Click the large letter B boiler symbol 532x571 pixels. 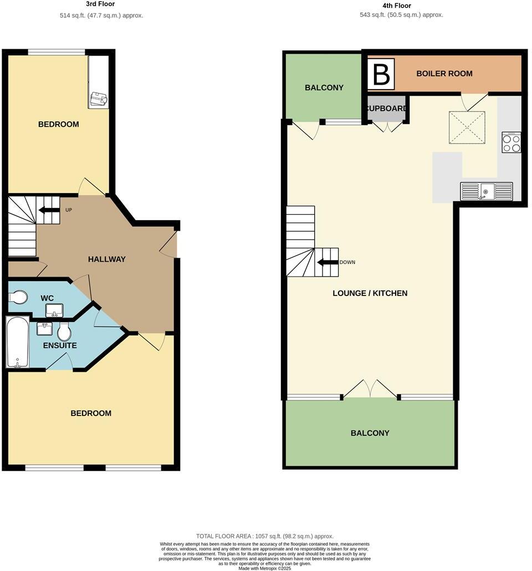click(x=381, y=74)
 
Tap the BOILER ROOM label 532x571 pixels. click(x=444, y=74)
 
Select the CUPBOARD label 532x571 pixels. click(x=387, y=108)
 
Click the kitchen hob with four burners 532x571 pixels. click(x=511, y=143)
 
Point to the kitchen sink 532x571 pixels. click(x=486, y=191)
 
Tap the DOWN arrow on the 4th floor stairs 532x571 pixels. click(x=328, y=262)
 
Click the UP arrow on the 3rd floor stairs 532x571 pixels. click(x=48, y=210)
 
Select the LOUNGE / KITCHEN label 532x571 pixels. click(x=370, y=293)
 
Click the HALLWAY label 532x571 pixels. click(x=107, y=259)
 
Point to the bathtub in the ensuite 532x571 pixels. click(x=17, y=341)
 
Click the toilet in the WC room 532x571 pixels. click(x=18, y=298)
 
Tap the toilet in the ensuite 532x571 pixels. click(x=64, y=332)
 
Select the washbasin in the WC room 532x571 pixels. click(x=54, y=310)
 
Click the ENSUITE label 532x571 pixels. click(x=60, y=345)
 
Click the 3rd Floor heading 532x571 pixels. click(x=101, y=4)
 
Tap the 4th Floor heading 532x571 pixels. click(x=397, y=6)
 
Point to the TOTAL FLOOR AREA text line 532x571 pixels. click(x=265, y=536)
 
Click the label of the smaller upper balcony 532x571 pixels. click(x=324, y=87)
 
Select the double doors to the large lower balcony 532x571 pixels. click(x=370, y=390)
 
